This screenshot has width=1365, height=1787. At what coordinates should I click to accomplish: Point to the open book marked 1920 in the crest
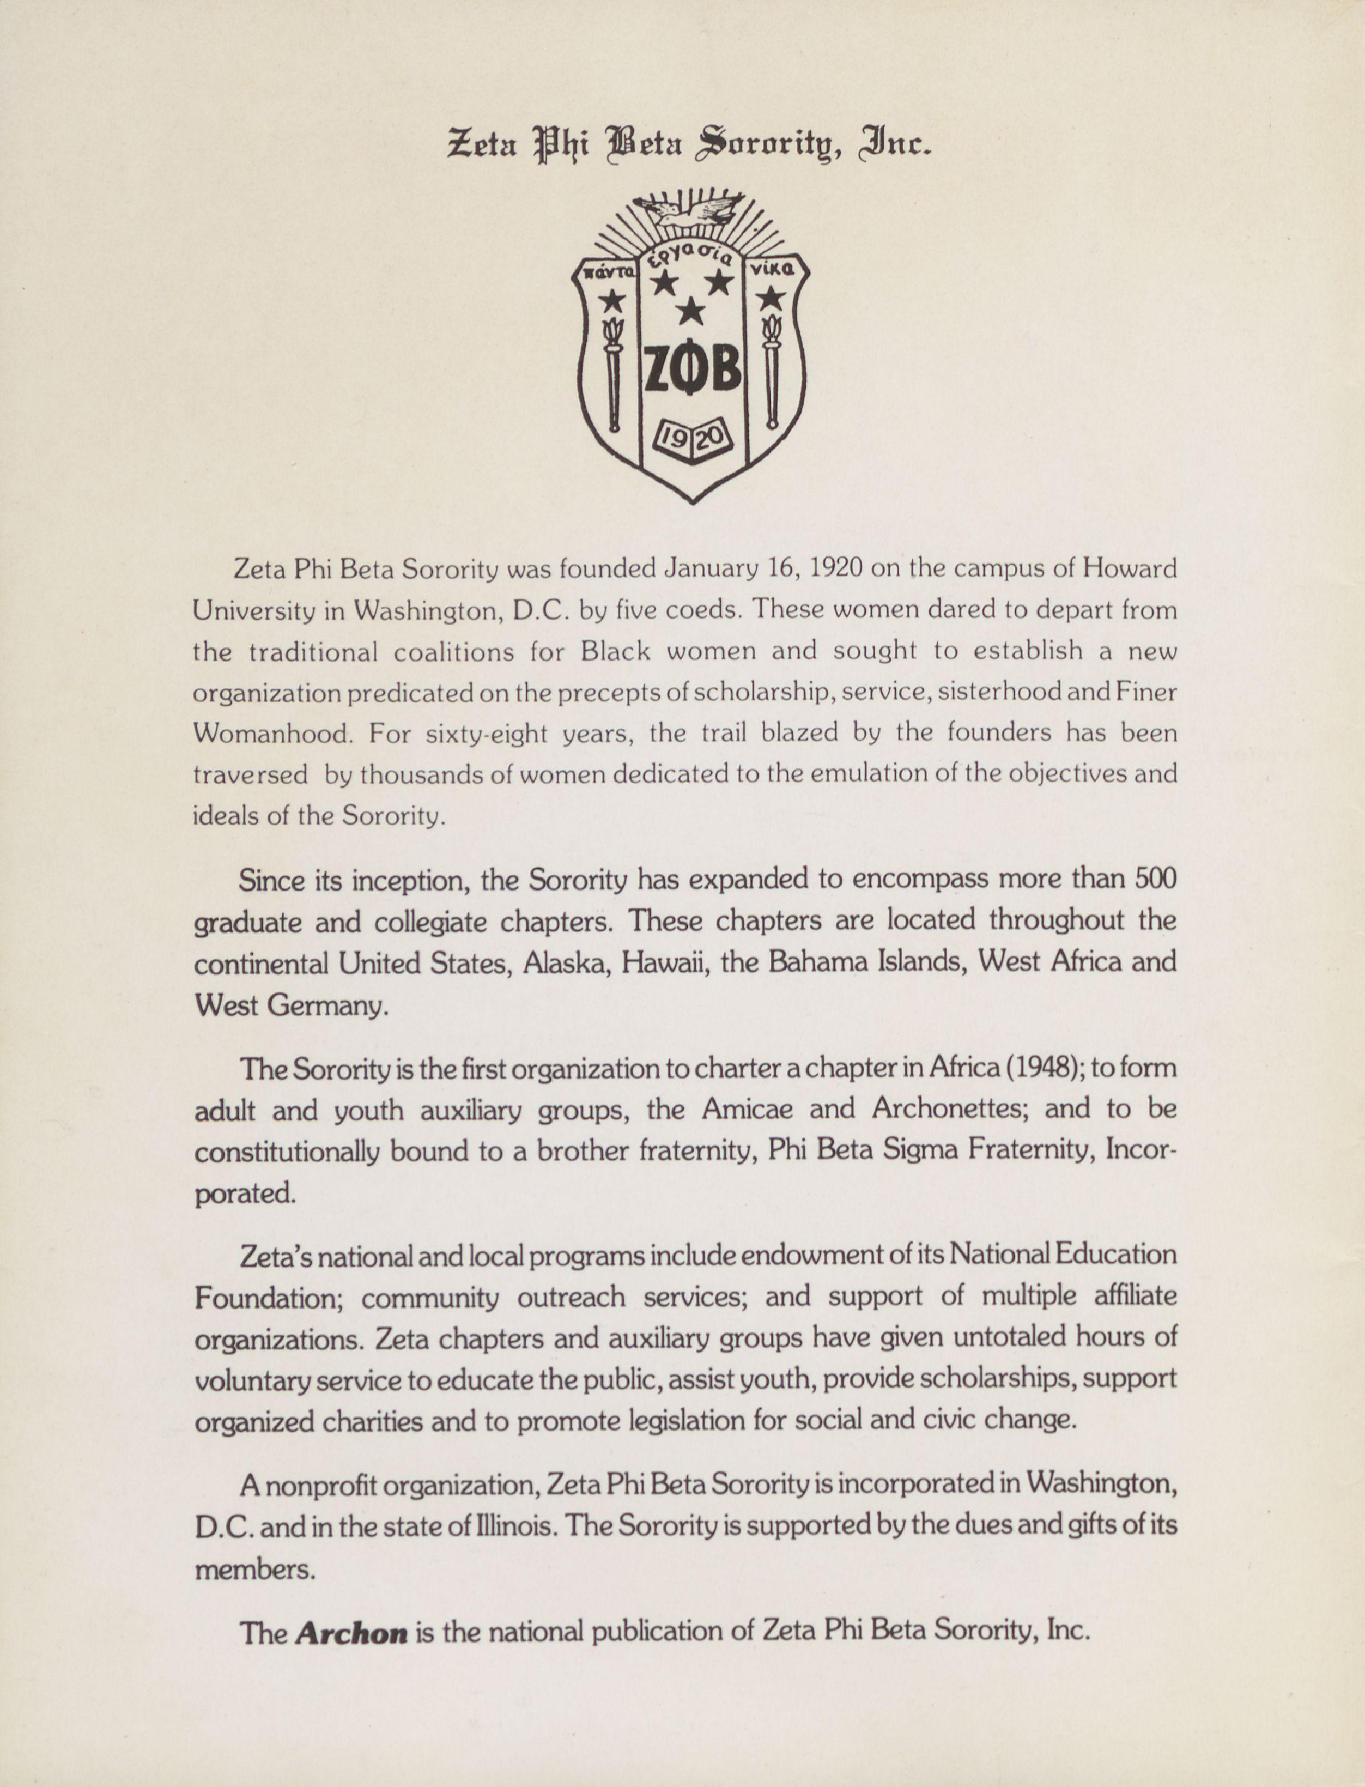[x=693, y=440]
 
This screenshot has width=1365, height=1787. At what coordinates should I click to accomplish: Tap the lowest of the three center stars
[x=691, y=309]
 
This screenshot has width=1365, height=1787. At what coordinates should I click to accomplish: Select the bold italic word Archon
[x=351, y=1631]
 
